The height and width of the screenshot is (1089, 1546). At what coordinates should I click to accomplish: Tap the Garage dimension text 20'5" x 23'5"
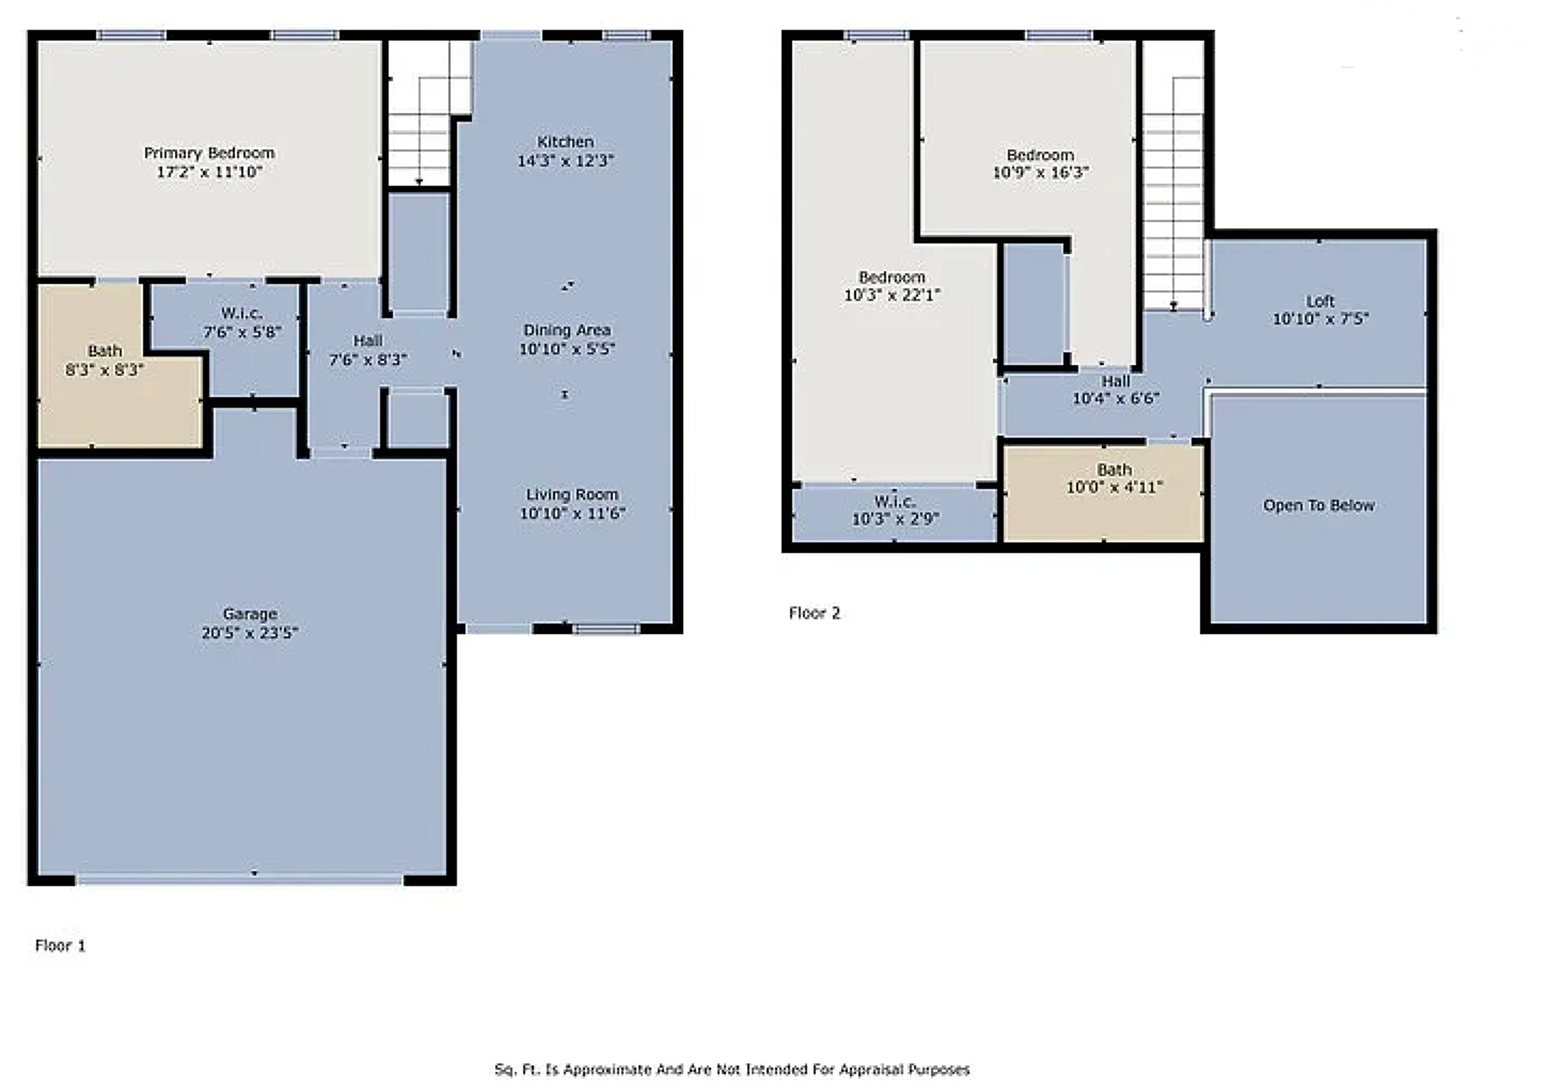tap(250, 632)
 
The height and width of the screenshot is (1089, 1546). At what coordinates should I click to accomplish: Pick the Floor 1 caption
tap(60, 946)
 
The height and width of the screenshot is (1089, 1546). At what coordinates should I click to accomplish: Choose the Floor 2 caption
tap(815, 613)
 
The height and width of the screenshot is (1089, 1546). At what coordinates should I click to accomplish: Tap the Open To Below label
tap(1318, 505)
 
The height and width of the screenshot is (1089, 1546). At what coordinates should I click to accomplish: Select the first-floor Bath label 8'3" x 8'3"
tap(105, 360)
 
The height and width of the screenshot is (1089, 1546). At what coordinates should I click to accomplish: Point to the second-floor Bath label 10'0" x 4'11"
tap(1114, 478)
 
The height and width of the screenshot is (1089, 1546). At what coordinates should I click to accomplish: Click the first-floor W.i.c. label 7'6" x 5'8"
tap(242, 322)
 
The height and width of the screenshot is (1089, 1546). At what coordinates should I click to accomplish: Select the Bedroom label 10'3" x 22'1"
tap(892, 285)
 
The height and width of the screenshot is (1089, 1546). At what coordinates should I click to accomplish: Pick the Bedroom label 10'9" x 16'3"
tap(1040, 164)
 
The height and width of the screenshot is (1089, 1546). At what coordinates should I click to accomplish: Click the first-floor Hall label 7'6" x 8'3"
tap(368, 350)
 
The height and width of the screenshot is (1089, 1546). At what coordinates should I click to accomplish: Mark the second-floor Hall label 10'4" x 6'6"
tap(1116, 389)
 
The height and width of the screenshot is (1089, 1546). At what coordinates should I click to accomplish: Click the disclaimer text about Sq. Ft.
tap(732, 1069)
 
